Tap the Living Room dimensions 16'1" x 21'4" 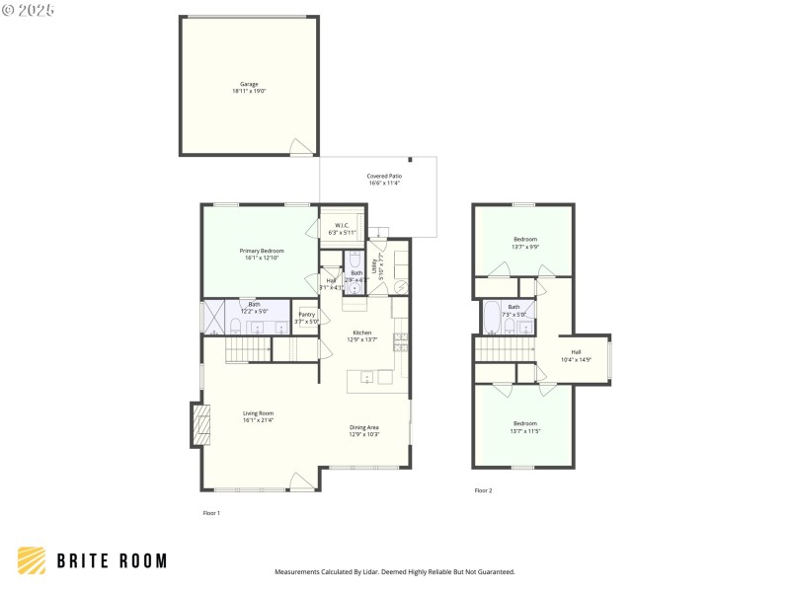pyautogui.click(x=259, y=420)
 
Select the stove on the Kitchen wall pyautogui.click(x=400, y=343)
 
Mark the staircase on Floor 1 pyautogui.click(x=249, y=348)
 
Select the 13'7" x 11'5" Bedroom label pyautogui.click(x=525, y=427)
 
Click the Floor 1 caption pyautogui.click(x=211, y=513)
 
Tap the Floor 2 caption pyautogui.click(x=483, y=490)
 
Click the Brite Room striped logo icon pyautogui.click(x=32, y=560)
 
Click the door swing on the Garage pyautogui.click(x=300, y=147)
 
